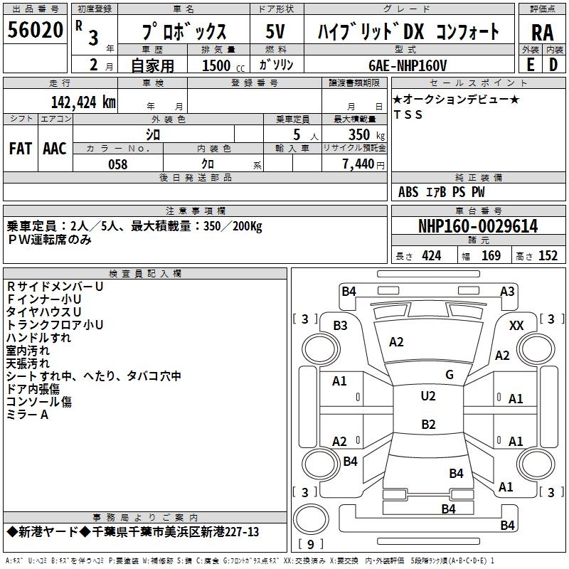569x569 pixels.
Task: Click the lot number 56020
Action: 35,29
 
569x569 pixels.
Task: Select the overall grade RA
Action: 542,33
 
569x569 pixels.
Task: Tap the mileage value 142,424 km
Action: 83,102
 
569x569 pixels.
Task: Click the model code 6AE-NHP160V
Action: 408,65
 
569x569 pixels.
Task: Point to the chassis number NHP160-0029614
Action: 478,226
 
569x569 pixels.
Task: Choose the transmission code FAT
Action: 21,149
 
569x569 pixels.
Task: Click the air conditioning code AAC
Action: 55,149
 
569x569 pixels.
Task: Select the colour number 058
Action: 118,164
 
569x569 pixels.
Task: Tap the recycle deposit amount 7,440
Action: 358,164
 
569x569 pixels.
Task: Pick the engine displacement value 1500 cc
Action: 223,65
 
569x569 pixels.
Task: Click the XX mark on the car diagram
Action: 516,326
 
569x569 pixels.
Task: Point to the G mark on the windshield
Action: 450,375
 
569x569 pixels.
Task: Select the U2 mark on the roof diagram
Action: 428,396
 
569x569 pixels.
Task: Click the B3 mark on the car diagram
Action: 341,326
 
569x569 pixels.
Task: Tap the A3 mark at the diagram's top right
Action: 507,292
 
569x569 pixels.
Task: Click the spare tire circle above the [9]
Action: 311,519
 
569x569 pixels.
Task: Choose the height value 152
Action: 548,255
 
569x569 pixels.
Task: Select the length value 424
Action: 432,255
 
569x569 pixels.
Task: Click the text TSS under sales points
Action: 408,115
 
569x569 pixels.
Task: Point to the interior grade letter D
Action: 553,65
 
